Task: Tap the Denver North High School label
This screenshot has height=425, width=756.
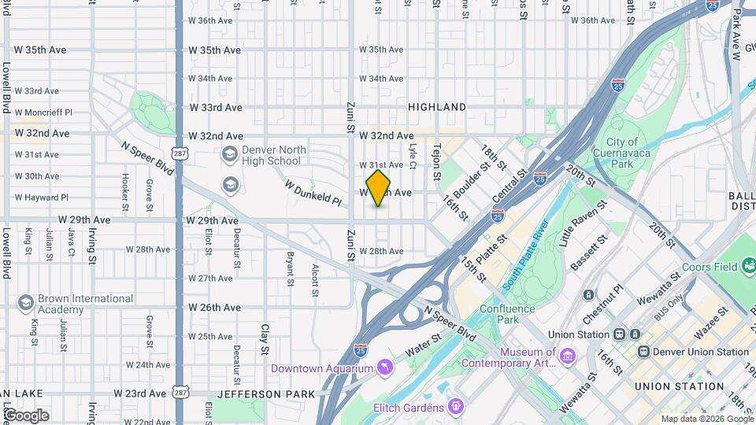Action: [x=272, y=155]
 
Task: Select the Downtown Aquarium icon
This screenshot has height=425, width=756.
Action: [x=383, y=368]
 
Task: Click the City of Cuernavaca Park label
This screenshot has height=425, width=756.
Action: [x=621, y=153]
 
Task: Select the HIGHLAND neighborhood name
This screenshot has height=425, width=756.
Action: [x=437, y=107]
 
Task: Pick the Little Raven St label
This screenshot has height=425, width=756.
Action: [x=584, y=224]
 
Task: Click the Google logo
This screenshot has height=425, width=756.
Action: [x=25, y=416]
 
